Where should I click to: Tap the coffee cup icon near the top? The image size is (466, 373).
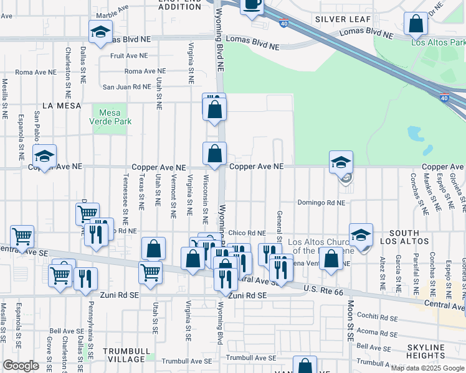click(252, 5)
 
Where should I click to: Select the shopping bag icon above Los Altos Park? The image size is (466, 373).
click(416, 25)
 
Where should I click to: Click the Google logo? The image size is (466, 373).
click(21, 366)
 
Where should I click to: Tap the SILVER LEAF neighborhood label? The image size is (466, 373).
click(339, 19)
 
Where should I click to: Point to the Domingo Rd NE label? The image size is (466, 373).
click(321, 203)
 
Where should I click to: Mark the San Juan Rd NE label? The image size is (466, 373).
click(127, 87)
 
